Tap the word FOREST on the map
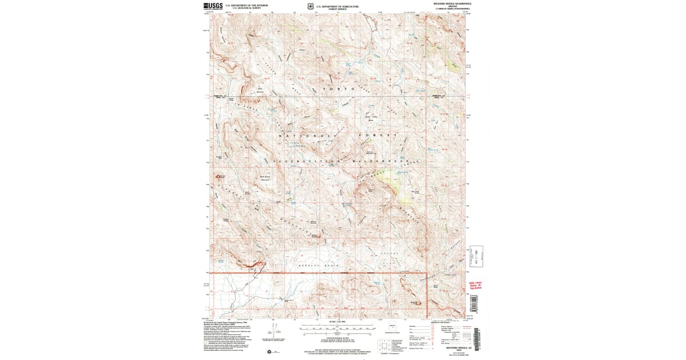tap(376, 135)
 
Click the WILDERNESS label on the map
tap(381, 162)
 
